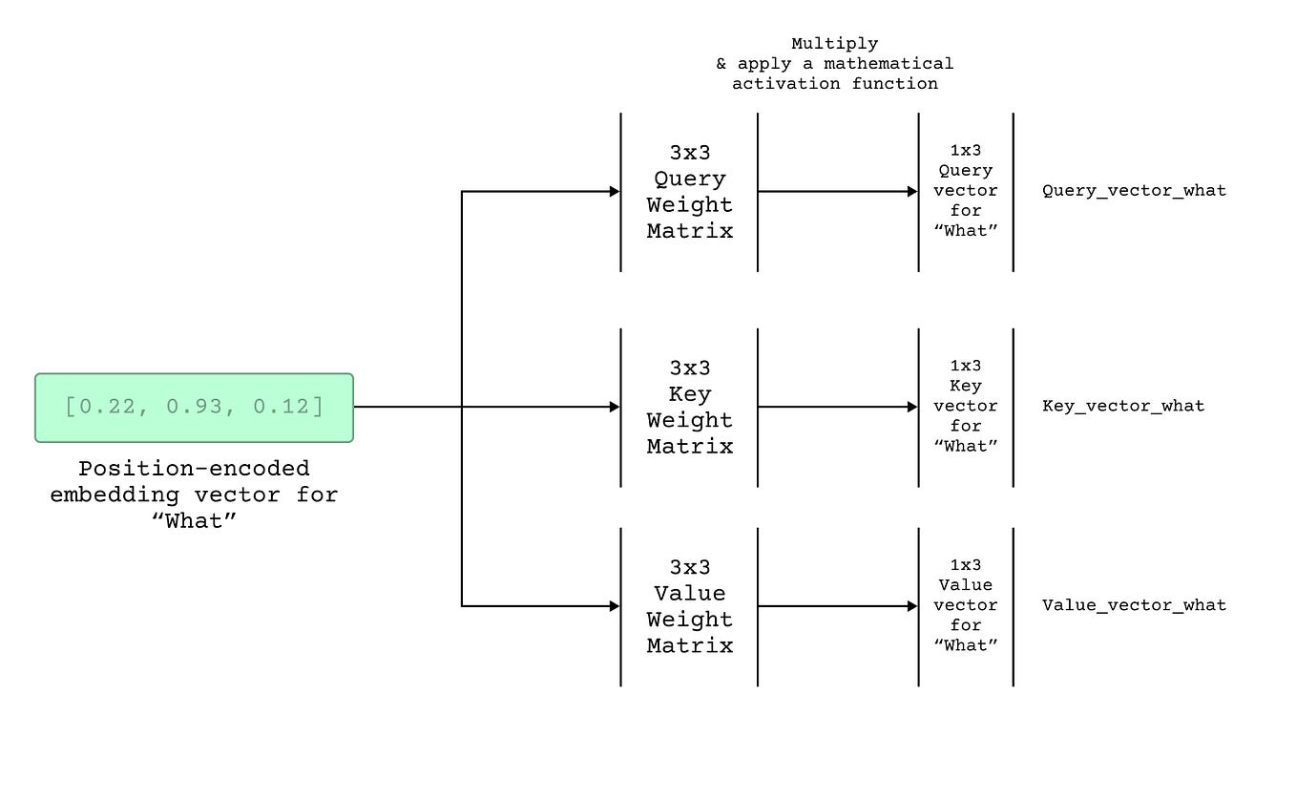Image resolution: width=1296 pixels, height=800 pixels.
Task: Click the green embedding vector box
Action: pos(194,408)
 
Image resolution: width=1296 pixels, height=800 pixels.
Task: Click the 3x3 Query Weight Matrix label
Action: pos(689,192)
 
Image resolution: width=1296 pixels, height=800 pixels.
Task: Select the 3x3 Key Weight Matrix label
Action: pos(689,408)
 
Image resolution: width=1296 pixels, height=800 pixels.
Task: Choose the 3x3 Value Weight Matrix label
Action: pos(689,606)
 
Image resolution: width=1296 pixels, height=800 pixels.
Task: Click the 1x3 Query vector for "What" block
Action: pos(966,191)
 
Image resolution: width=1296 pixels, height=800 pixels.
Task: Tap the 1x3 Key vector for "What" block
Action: pos(966,407)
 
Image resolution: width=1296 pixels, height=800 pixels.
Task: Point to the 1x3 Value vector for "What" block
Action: pos(966,605)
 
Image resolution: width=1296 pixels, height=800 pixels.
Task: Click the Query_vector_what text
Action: pos(1134,190)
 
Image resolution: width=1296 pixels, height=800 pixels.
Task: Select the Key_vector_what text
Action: pos(1123,406)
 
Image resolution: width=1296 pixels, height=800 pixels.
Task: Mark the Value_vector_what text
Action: pos(1134,604)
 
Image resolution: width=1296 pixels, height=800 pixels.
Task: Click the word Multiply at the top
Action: pos(834,44)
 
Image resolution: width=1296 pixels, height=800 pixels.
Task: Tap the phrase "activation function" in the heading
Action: pos(834,84)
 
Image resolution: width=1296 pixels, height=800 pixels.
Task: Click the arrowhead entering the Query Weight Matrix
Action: pos(615,192)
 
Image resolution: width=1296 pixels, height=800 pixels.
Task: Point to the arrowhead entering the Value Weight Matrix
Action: pos(615,606)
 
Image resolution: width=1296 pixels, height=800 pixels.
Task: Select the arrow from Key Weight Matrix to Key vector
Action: pos(838,408)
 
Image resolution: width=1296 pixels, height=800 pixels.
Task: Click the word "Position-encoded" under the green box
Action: pos(194,469)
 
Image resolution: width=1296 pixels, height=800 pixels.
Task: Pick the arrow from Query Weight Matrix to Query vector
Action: pos(838,192)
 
